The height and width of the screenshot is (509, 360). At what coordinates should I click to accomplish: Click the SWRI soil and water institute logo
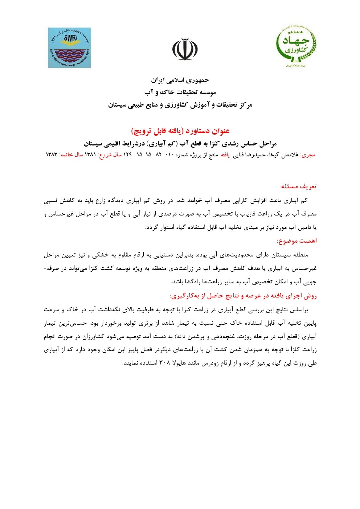(x=70, y=48)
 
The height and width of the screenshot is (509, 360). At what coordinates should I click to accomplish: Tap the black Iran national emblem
(x=185, y=49)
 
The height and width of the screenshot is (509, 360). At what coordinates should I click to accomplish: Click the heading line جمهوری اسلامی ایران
(x=180, y=80)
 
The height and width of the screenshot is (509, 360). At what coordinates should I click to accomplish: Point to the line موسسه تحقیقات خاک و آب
(x=180, y=93)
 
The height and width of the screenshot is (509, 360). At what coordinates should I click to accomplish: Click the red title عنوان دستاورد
(x=180, y=131)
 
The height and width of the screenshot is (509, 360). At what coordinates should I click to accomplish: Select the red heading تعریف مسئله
(x=298, y=186)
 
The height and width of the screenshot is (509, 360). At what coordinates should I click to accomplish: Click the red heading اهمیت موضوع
(x=296, y=241)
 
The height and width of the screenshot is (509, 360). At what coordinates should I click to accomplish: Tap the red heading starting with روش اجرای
(x=243, y=296)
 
